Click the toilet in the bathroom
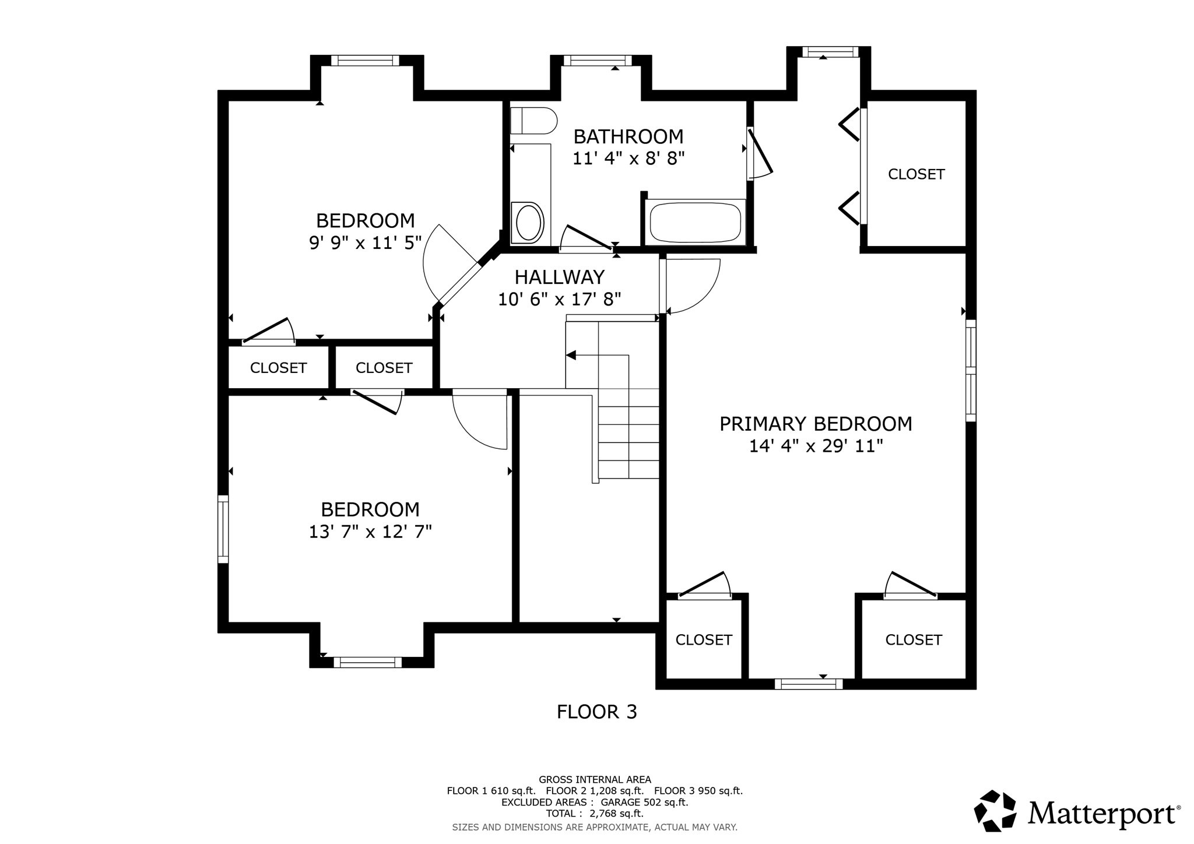coord(533,121)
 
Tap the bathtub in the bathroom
coord(695,222)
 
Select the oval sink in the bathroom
coord(528,222)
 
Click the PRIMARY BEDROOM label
coord(816,424)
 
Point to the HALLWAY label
coord(559,276)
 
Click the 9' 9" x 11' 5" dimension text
coord(366,242)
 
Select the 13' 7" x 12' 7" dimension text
coord(370,532)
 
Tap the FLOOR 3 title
coord(596,712)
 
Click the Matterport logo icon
coord(995,810)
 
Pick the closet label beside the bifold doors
coord(916,174)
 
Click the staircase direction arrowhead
coord(571,355)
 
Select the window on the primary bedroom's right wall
coord(970,370)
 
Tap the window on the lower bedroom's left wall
coord(223,529)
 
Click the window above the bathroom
coord(598,61)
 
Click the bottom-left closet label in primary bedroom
coord(703,640)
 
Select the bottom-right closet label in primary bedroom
coord(913,640)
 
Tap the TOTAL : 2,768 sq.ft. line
coord(594,813)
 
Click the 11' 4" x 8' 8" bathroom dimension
coord(628,158)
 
